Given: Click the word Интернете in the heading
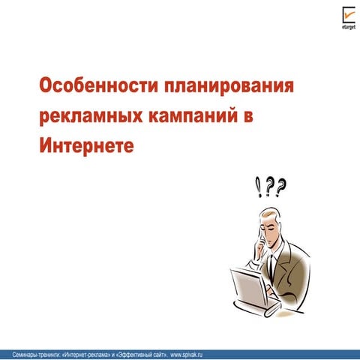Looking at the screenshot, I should coord(85,143).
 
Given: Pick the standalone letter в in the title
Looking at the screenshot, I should coord(251,114).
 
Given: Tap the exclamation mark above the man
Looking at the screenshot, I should coord(259,184).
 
